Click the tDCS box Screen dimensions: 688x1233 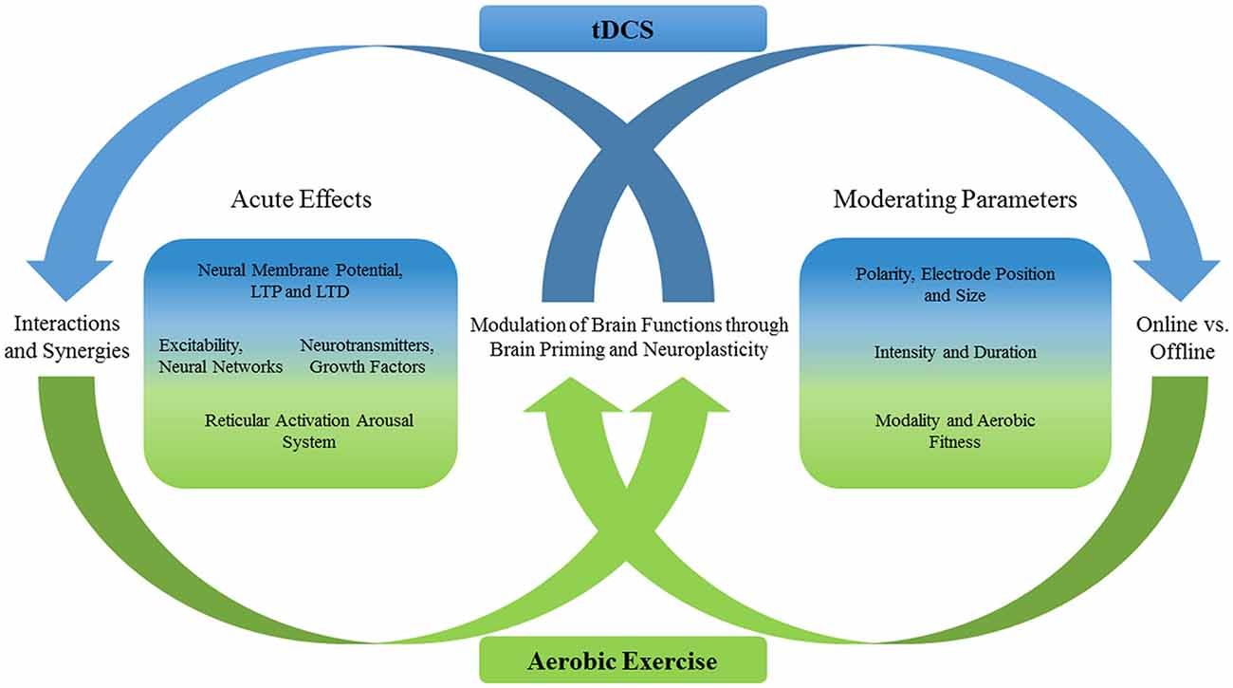pyautogui.click(x=621, y=28)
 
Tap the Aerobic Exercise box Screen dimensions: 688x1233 pyautogui.click(x=622, y=660)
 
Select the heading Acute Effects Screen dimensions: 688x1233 pyautogui.click(x=301, y=199)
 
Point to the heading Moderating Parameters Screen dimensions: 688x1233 pyautogui.click(x=955, y=199)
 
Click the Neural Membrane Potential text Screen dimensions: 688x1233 pyautogui.click(x=300, y=270)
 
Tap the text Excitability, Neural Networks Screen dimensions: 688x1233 pyautogui.click(x=221, y=357)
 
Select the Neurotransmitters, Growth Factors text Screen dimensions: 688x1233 pyautogui.click(x=362, y=357)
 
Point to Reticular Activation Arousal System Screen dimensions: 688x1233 pyautogui.click(x=309, y=430)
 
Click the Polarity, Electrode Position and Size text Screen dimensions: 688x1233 pyautogui.click(x=955, y=285)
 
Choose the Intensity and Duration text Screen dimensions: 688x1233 pyautogui.click(x=955, y=352)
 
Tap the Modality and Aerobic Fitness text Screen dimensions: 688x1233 pyautogui.click(x=955, y=431)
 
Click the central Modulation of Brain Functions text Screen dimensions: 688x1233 pyautogui.click(x=629, y=336)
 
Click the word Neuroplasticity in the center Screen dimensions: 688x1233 pyautogui.click(x=712, y=348)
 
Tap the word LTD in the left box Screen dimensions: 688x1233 pyautogui.click(x=334, y=291)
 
